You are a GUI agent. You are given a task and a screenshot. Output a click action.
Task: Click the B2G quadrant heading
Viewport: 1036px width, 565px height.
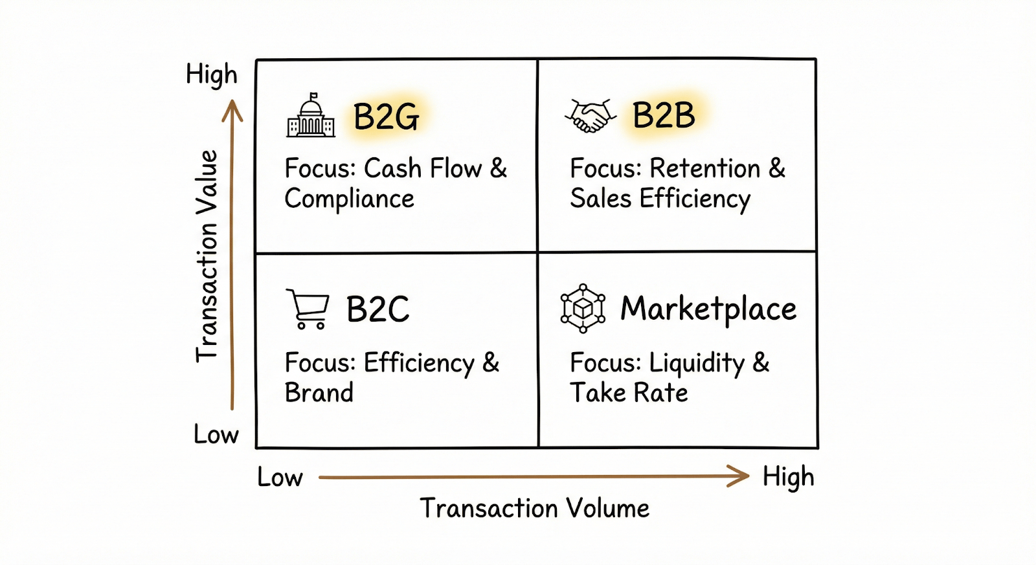tap(386, 117)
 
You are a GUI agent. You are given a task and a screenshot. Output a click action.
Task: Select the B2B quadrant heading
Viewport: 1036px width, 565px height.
tap(664, 116)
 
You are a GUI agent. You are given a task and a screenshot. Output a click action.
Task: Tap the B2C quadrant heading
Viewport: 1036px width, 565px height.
tap(377, 309)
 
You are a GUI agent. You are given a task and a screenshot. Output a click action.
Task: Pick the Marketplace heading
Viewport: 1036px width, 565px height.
tap(708, 309)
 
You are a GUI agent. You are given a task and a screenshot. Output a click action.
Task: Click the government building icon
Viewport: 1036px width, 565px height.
tap(311, 116)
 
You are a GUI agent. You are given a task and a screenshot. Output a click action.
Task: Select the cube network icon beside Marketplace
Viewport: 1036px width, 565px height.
tap(583, 308)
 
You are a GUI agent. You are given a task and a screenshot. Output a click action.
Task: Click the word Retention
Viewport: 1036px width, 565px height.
tap(705, 169)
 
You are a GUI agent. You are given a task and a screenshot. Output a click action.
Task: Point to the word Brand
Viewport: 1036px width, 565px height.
tap(319, 393)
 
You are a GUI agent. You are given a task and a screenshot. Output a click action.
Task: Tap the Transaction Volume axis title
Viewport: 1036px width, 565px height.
tap(534, 508)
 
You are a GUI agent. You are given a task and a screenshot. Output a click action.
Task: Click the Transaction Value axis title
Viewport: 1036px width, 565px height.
tap(207, 256)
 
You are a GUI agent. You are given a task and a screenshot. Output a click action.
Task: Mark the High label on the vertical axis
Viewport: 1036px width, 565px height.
tap(212, 75)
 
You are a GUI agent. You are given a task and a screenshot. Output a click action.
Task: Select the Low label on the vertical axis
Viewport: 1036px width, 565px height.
tap(216, 434)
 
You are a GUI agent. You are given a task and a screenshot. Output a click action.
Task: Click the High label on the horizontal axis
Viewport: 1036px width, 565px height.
tap(788, 478)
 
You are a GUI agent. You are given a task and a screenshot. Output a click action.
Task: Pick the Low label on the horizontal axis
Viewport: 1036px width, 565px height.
tap(280, 478)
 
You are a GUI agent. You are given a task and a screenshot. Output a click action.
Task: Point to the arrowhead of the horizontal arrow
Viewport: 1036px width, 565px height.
tap(740, 476)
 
